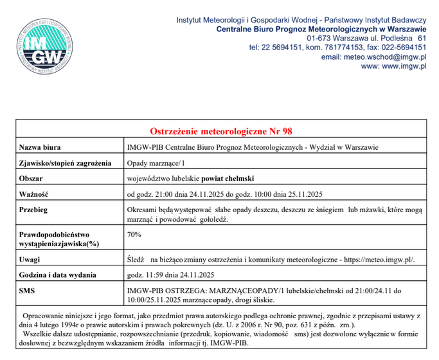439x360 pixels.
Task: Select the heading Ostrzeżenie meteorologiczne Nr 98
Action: [221, 131]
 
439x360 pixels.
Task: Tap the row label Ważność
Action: [35, 194]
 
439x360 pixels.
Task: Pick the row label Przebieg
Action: [36, 210]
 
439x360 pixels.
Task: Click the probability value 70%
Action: [134, 235]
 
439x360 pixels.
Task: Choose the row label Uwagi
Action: [31, 259]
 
